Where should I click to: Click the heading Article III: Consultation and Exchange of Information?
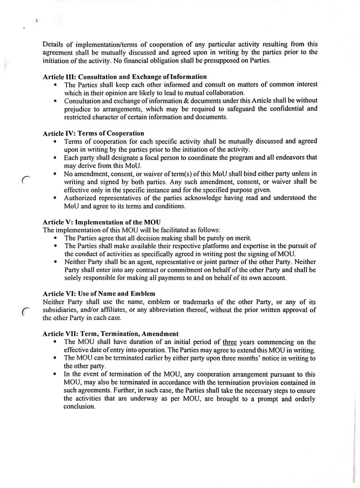click(125, 77)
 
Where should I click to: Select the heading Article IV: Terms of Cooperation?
click(93, 133)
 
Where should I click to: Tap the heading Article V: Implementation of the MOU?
click(102, 222)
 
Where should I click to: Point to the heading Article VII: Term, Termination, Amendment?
click(111, 334)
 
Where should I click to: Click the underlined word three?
click(229, 342)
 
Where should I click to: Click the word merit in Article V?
click(243, 238)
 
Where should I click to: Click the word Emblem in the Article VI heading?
click(143, 293)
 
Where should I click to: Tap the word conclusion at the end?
click(79, 406)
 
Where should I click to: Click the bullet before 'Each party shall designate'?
click(55, 158)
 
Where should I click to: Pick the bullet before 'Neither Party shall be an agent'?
click(55, 262)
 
